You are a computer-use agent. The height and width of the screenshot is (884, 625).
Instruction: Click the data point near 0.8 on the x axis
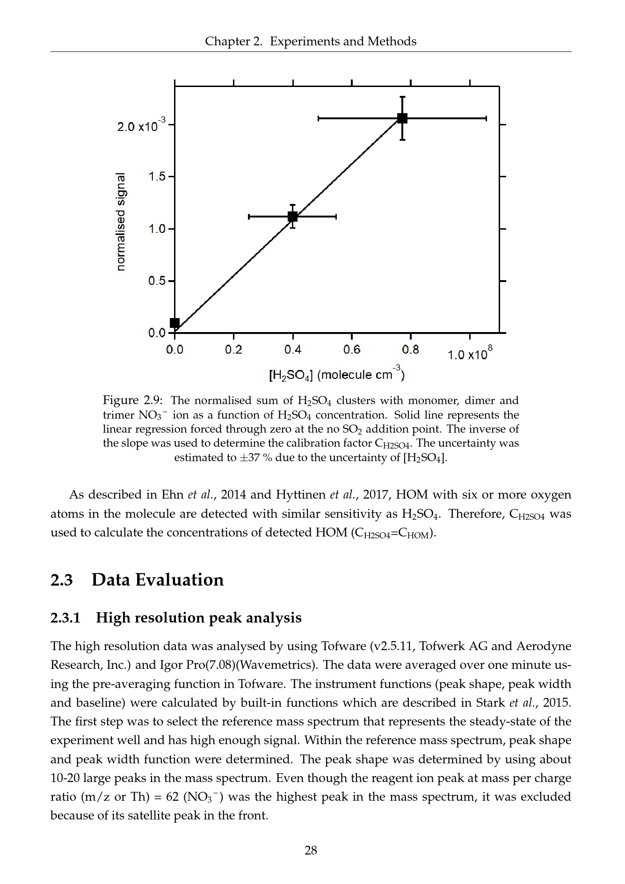click(x=402, y=118)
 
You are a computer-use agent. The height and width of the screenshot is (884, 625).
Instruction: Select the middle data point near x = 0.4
click(x=292, y=217)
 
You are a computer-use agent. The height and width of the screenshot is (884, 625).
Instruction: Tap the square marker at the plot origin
click(x=174, y=323)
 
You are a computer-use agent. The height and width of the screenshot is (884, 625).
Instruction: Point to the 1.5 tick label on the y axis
click(x=157, y=177)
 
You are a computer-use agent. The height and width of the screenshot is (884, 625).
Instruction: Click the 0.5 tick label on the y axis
click(x=157, y=281)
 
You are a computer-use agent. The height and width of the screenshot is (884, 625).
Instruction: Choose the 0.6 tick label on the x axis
click(x=351, y=350)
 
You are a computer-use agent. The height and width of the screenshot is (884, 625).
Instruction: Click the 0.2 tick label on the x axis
click(x=233, y=350)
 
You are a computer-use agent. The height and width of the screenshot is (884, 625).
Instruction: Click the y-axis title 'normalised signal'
click(x=121, y=221)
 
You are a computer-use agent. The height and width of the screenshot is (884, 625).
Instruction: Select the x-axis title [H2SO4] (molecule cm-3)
click(x=336, y=374)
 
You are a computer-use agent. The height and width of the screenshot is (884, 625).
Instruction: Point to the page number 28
click(x=311, y=850)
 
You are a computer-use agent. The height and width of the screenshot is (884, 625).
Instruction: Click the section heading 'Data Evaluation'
click(x=157, y=580)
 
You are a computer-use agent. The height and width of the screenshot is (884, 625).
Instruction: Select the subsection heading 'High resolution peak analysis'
click(x=198, y=618)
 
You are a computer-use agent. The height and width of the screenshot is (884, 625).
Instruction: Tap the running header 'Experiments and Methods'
click(x=343, y=42)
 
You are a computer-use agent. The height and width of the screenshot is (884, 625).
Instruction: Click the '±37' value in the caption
click(x=250, y=457)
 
